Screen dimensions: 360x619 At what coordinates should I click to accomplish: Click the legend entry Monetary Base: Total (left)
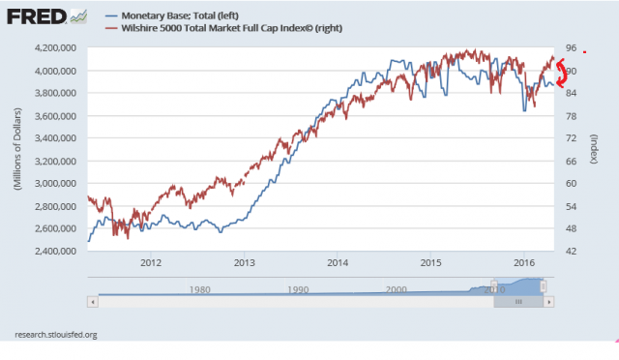[176, 15]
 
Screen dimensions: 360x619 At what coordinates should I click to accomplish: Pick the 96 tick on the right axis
[570, 47]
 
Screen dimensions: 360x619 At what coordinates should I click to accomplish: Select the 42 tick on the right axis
[570, 251]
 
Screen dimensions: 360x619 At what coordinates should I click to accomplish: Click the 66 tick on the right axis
[570, 161]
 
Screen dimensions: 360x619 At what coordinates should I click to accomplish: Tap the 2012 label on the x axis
[151, 261]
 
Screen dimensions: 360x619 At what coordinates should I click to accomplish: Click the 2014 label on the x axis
[338, 261]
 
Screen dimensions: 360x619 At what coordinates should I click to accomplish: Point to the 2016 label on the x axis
[524, 261]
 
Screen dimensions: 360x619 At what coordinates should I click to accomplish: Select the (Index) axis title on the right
[594, 150]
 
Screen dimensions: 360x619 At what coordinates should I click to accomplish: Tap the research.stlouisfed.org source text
[56, 334]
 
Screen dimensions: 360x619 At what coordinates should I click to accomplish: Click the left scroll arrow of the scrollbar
[93, 301]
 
